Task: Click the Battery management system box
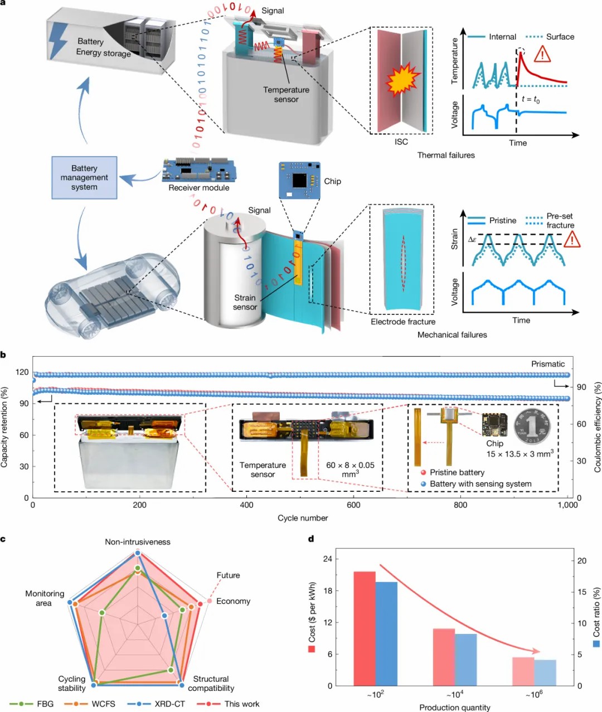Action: [x=84, y=178]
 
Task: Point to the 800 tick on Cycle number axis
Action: [x=460, y=505]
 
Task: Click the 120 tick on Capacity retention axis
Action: [x=22, y=372]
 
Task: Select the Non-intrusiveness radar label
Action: [x=138, y=542]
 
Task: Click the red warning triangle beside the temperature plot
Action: [x=542, y=54]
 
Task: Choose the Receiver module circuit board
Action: [x=199, y=171]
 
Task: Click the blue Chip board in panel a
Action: [x=299, y=181]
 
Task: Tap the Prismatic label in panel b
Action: [x=548, y=364]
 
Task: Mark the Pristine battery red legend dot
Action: [x=423, y=472]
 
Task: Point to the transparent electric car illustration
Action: [x=111, y=296]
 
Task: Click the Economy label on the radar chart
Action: [x=233, y=601]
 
